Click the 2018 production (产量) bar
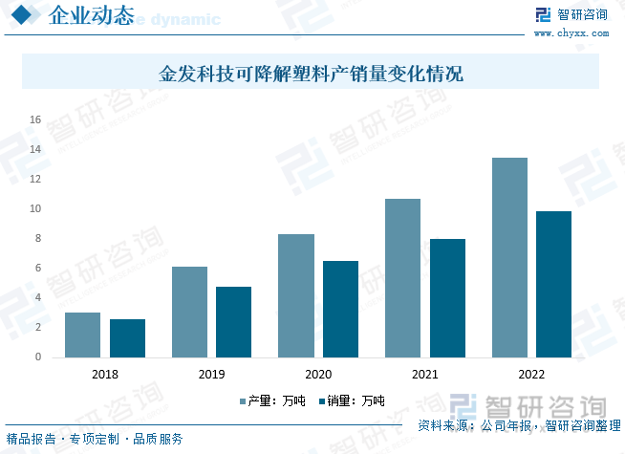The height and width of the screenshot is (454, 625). point(82,335)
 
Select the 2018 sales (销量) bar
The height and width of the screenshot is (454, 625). point(127,338)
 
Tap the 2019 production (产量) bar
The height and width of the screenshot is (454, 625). point(189,312)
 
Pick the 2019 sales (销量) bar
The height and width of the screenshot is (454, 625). point(233,322)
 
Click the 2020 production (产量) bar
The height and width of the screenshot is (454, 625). point(296,295)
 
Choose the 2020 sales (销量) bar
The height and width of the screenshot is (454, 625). point(340,309)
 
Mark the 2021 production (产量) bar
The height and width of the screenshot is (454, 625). point(402,278)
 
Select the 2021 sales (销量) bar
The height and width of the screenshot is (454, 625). point(447,298)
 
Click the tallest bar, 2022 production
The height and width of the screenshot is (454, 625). point(509,257)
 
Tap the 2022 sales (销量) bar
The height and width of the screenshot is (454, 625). point(553,284)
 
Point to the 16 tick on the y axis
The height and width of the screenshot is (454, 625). point(35,119)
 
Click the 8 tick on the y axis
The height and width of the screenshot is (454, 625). point(38,238)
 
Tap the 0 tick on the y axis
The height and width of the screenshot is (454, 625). point(38,357)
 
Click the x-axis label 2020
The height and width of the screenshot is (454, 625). point(318,374)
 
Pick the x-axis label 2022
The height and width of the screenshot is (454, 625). point(531,374)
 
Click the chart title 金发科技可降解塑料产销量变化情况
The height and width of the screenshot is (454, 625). point(311,73)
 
